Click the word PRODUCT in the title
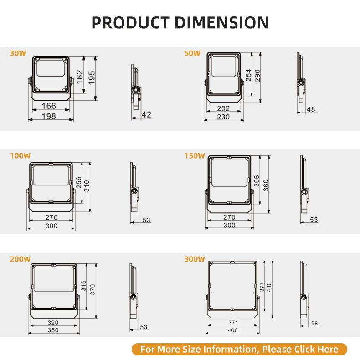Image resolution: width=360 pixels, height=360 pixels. click(x=130, y=22)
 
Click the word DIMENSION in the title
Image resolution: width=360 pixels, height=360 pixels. click(x=221, y=22)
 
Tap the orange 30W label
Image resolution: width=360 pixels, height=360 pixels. click(x=18, y=53)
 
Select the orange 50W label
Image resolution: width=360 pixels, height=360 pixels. click(x=192, y=53)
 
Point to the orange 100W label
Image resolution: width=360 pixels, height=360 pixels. click(x=20, y=156)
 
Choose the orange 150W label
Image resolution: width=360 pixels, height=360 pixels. click(x=195, y=156)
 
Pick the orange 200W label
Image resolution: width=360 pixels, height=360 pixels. click(x=20, y=259)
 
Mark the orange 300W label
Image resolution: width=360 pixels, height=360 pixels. click(x=195, y=259)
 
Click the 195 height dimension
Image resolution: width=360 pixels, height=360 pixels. click(x=92, y=77)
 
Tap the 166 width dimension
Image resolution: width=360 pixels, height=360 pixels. click(x=49, y=106)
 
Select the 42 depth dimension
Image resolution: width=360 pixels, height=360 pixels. click(x=146, y=114)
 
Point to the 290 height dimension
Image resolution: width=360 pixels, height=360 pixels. click(x=257, y=76)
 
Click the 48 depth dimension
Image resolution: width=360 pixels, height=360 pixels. click(x=311, y=109)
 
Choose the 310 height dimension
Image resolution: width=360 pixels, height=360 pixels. click(x=87, y=186)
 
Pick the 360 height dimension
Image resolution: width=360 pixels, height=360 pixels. click(x=266, y=185)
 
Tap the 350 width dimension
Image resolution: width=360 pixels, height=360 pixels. click(x=53, y=330)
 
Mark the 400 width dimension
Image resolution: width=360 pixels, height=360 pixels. click(x=233, y=330)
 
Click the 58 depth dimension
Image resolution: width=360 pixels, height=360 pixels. click(x=314, y=323)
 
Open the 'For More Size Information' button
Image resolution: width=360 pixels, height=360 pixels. click(x=239, y=349)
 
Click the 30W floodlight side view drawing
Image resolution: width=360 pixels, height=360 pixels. click(x=136, y=87)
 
